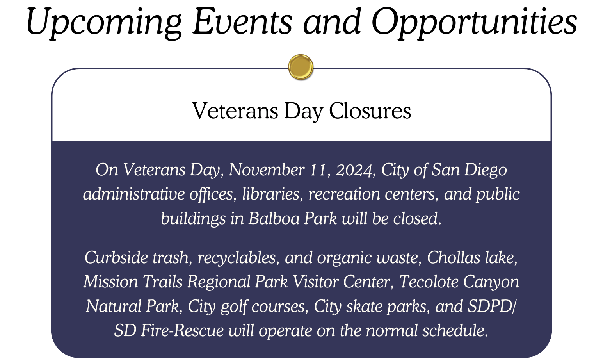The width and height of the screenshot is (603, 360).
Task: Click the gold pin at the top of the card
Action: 301,67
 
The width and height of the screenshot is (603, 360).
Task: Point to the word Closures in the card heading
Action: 370,110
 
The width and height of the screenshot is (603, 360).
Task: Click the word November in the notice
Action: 267,170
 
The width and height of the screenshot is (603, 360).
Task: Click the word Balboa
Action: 274,218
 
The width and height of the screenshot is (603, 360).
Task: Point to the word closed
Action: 417,218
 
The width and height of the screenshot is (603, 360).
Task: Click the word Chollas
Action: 454,257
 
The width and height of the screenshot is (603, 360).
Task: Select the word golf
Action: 233,307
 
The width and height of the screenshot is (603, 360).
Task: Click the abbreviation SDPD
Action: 490,307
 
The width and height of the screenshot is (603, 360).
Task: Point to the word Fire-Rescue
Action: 182,331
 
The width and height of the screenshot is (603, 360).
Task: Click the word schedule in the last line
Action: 455,331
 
